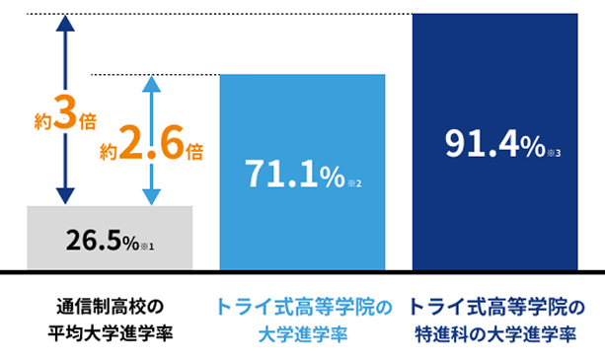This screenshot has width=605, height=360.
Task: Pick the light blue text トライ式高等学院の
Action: pos(302,306)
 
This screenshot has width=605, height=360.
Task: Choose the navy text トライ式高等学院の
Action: pos(494,306)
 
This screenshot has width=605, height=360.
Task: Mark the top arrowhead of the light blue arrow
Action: pos(151,84)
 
